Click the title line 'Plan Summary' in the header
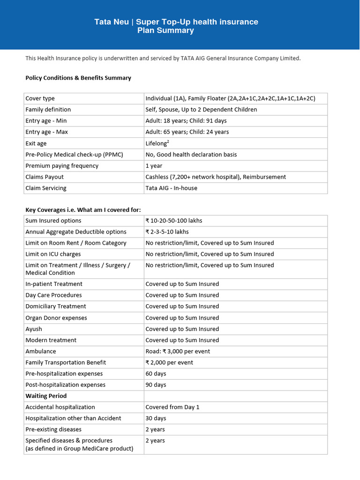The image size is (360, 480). [165, 31]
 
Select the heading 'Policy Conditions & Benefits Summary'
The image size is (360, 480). [78, 78]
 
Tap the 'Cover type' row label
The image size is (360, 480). [40, 98]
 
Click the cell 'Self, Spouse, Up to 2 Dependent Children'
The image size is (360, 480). [201, 110]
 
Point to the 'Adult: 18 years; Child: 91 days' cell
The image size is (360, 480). [186, 121]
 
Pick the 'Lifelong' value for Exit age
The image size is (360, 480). [156, 143]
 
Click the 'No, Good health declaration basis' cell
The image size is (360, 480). [191, 155]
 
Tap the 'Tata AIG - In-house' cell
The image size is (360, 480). [172, 188]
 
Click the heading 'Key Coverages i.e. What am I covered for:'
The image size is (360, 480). [83, 210]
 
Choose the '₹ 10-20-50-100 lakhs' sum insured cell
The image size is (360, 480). [174, 221]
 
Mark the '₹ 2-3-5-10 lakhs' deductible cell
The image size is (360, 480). [167, 232]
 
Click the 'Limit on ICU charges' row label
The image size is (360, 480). [53, 254]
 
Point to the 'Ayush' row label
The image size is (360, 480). [34, 329]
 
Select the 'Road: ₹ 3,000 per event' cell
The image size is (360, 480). [178, 352]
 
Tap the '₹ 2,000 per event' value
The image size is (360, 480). [169, 363]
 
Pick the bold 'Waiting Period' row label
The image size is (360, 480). [46, 396]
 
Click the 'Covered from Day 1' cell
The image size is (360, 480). [172, 407]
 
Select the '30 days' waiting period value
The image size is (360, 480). [156, 419]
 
